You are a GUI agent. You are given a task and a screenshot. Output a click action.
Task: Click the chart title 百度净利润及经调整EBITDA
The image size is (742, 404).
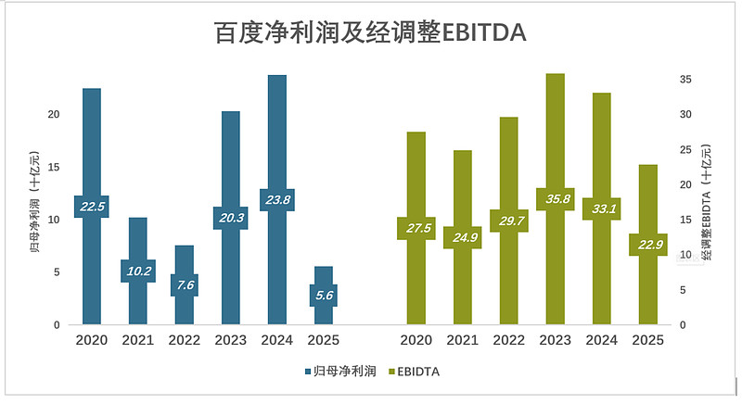point(370,33)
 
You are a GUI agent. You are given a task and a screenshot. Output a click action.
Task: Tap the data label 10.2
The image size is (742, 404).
point(137,271)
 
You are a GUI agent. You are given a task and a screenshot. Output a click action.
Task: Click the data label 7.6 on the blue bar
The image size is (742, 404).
point(184,284)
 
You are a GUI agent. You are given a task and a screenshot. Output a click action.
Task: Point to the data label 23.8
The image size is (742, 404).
point(276,199)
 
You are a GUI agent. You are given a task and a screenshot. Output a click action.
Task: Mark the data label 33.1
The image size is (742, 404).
point(601,208)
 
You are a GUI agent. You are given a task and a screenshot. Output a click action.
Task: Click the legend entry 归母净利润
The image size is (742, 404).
point(341,372)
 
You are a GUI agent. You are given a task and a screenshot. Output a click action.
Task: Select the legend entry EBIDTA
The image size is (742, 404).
point(416,372)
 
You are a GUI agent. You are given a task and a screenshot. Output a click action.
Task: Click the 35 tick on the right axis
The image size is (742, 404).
point(684,81)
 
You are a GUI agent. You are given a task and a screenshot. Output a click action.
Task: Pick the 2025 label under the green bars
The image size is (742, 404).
point(647,340)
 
